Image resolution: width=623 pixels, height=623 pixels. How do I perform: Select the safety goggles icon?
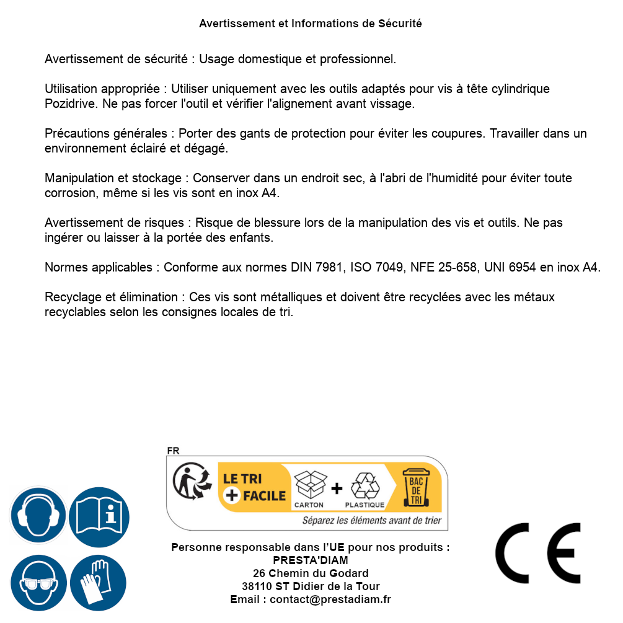[x=38, y=583]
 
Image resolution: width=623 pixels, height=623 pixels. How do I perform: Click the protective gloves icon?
[x=98, y=583]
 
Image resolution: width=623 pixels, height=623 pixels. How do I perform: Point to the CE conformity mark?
[x=538, y=553]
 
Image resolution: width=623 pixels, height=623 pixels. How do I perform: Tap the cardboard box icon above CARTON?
[x=309, y=485]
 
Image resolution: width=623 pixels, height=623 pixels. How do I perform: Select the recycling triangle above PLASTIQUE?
[x=365, y=486]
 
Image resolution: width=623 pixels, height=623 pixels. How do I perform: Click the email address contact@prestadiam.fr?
[x=330, y=599]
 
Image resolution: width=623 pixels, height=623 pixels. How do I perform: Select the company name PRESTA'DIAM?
[x=310, y=560]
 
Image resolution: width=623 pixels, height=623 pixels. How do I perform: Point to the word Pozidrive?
[x=70, y=104]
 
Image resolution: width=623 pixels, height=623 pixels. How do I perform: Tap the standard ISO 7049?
[x=378, y=267]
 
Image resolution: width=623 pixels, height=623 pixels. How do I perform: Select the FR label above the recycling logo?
[x=173, y=451]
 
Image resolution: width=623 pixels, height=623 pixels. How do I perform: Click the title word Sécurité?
[x=400, y=24]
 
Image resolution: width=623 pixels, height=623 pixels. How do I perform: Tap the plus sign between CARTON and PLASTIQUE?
[x=337, y=488]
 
